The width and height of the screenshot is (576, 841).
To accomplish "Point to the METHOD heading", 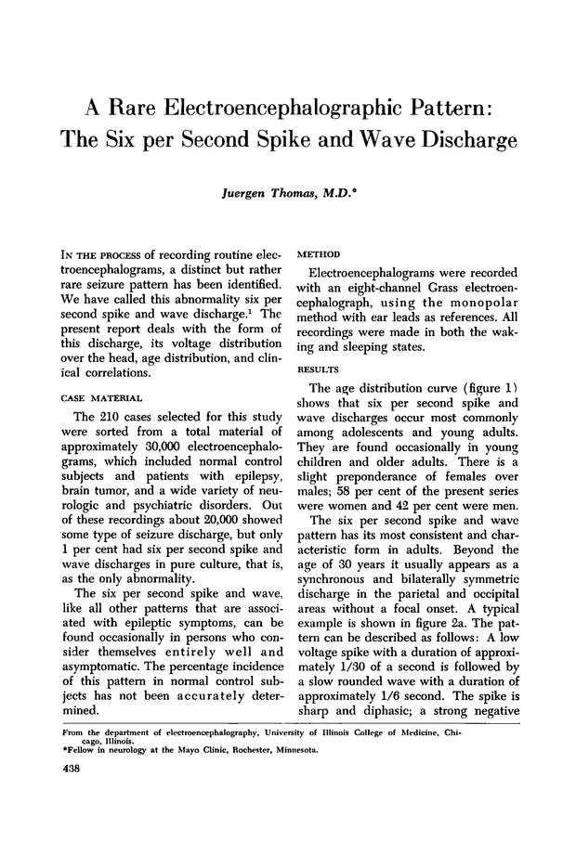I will coord(317,253).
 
